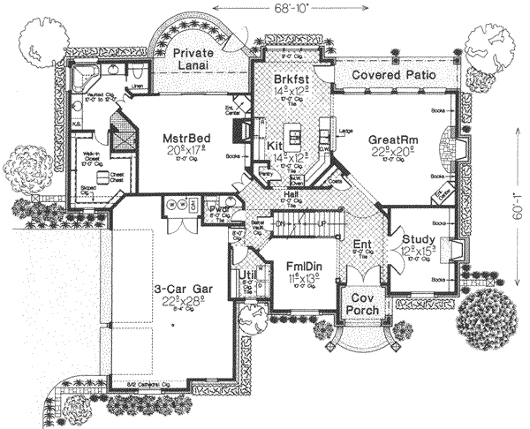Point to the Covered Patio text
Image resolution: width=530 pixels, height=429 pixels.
(394, 76)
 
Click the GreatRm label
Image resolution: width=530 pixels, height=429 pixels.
(393, 140)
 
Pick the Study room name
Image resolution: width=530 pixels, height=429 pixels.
(417, 238)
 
